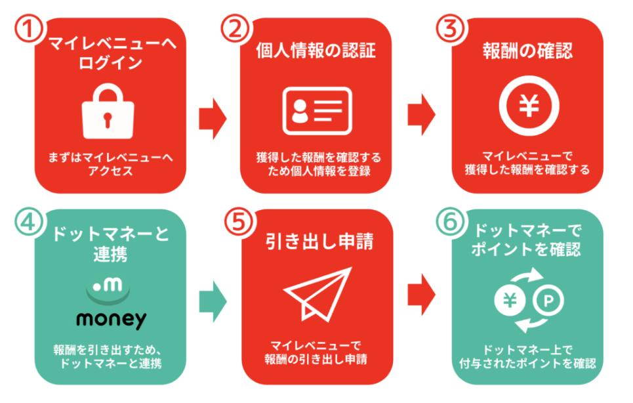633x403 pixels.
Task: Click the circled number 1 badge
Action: [27, 29]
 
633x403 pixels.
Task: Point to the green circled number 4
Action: [27, 222]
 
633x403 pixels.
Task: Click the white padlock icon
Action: [108, 113]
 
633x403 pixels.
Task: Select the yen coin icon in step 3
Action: [529, 106]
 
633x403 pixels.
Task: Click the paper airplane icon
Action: [317, 293]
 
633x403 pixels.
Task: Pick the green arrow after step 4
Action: [212, 301]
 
